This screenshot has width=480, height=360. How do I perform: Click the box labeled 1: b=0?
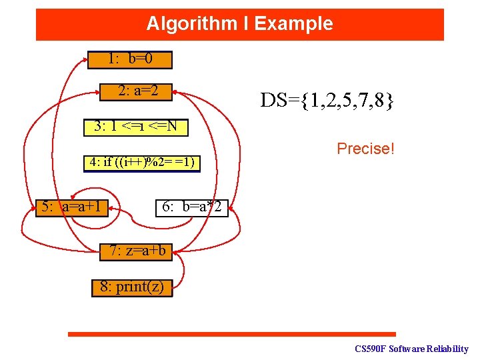pos(130,59)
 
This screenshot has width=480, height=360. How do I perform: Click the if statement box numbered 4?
pos(141,163)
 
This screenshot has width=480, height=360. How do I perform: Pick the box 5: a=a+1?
pos(72,207)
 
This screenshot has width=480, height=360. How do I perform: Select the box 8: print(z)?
pos(132,287)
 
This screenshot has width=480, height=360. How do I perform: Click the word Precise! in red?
pos(366,148)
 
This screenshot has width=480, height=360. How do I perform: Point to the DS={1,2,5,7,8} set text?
pos(327,101)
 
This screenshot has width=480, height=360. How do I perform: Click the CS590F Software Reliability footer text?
pos(411,349)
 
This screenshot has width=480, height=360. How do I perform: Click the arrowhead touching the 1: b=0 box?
pos(91,59)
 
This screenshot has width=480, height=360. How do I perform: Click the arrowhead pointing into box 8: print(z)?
pos(175,288)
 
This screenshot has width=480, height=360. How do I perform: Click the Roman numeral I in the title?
pos(246,24)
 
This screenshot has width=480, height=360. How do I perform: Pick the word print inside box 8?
pos(134,287)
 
